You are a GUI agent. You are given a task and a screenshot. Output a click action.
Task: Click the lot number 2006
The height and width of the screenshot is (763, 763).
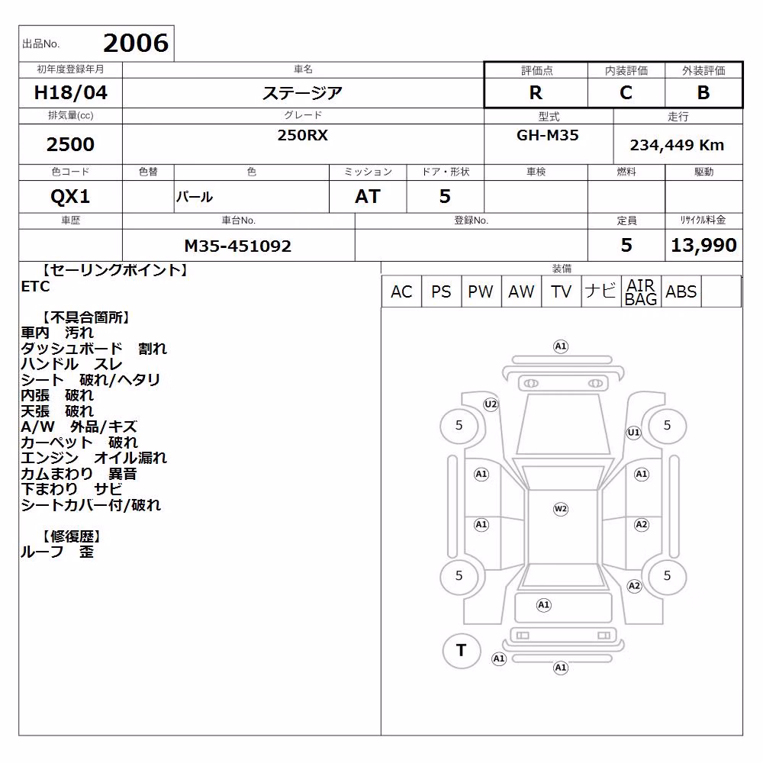(x=136, y=43)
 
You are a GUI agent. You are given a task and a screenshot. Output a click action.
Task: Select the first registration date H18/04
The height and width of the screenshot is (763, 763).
(x=70, y=92)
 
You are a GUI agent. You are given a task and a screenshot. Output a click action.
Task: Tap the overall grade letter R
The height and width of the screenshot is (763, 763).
(x=536, y=92)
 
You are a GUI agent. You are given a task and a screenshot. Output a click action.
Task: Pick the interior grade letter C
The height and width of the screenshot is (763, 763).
(x=626, y=92)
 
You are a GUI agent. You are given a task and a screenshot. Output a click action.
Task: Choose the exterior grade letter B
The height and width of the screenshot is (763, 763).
(x=703, y=92)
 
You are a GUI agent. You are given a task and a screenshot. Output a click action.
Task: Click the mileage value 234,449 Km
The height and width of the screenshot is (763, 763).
(x=677, y=145)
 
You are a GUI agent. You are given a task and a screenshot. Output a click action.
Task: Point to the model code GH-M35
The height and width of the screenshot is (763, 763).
(x=547, y=135)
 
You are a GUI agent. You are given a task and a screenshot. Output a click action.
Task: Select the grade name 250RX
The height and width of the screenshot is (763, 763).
(x=303, y=135)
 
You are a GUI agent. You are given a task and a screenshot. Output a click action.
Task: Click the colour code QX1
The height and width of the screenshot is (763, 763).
(x=70, y=196)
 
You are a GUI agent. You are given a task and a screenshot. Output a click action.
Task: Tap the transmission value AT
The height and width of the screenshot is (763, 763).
(x=368, y=196)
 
